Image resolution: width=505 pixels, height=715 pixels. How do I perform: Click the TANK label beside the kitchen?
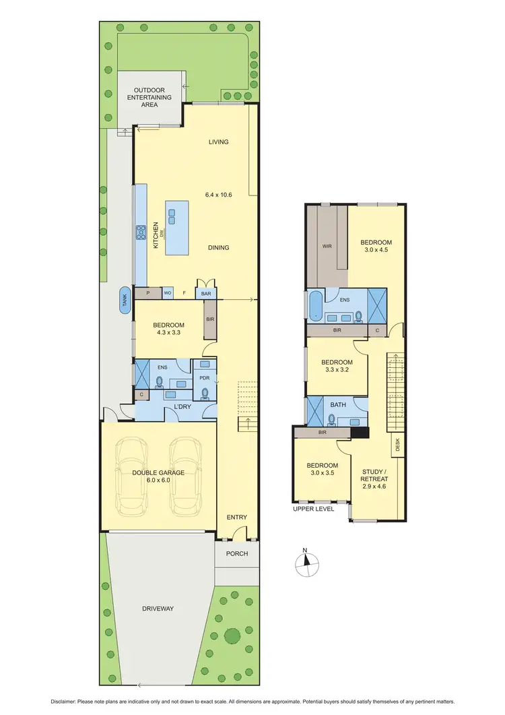(x=125, y=300)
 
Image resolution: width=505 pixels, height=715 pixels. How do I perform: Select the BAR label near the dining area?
(x=205, y=294)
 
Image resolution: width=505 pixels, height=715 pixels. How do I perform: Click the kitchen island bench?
(x=176, y=227)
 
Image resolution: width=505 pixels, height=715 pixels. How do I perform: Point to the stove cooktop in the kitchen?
(x=142, y=232)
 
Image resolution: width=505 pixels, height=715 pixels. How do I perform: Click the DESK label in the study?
(x=397, y=444)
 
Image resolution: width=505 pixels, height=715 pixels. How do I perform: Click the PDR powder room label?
(x=205, y=378)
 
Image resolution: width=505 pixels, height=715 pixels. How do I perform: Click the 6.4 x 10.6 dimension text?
(x=219, y=195)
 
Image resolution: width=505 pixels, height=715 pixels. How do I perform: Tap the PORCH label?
(x=237, y=554)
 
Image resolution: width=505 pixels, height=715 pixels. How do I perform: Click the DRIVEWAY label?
(x=158, y=609)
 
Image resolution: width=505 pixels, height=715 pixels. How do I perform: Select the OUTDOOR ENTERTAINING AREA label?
(x=153, y=98)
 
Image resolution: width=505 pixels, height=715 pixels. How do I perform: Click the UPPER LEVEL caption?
(x=313, y=509)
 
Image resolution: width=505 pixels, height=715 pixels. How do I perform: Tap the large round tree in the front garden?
(x=232, y=635)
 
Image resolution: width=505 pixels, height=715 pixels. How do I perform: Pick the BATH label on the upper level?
(x=338, y=405)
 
